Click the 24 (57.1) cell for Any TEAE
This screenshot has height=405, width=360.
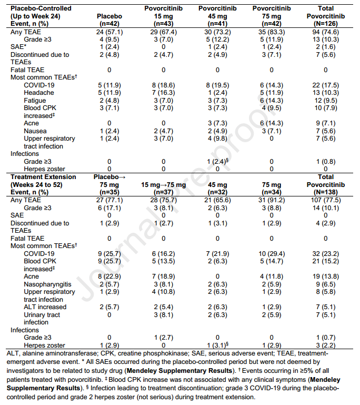point(109,32)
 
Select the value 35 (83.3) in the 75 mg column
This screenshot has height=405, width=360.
point(272,32)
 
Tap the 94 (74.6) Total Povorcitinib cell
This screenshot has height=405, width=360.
point(326,32)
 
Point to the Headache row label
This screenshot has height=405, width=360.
point(39,93)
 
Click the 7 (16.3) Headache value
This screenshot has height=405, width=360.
point(163,93)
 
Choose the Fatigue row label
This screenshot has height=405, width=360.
point(35,101)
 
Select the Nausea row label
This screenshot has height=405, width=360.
point(35,131)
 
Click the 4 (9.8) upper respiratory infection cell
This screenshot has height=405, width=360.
point(217,139)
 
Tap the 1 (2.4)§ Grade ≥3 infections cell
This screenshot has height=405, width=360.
point(218,162)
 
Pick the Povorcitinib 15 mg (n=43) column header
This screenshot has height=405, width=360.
point(163,16)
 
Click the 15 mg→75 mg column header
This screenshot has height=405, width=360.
point(163,185)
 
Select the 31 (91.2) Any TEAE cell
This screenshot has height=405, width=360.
point(272,200)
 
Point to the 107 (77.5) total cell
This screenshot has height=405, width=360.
point(326,200)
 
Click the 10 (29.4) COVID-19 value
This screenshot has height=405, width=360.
point(272,254)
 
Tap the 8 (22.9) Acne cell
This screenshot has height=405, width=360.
point(109,276)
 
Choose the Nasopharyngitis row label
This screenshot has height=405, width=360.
point(47,284)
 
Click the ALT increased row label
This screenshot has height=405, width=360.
point(45,307)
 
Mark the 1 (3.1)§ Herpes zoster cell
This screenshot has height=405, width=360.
point(218,345)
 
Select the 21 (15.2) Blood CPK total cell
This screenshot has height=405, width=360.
point(326,261)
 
